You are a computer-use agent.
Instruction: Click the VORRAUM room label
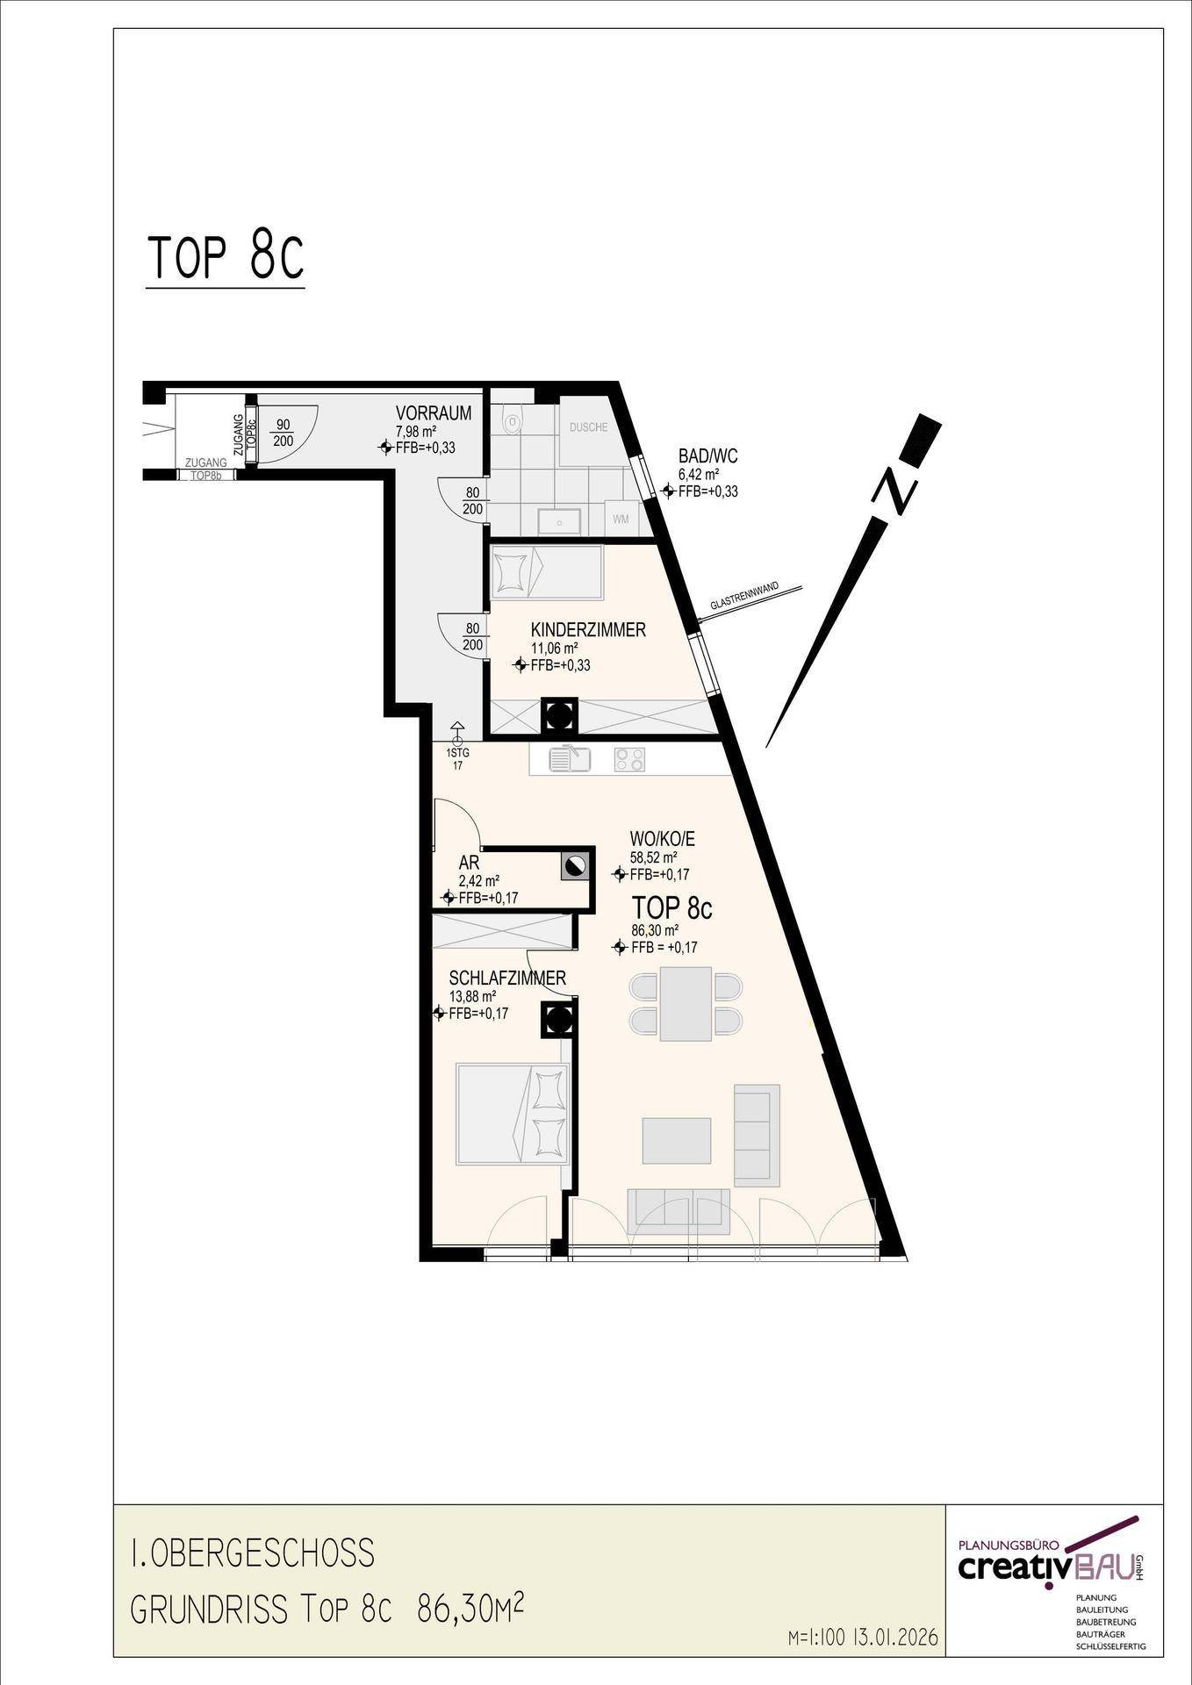[433, 413]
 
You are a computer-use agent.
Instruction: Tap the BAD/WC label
[707, 456]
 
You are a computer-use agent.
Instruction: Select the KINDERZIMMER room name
[588, 630]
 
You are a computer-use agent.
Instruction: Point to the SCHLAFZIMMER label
[507, 979]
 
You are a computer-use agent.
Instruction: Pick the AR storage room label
[469, 864]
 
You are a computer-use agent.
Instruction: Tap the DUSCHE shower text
[588, 428]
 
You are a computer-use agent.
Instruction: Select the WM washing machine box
[621, 520]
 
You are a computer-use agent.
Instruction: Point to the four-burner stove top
[629, 759]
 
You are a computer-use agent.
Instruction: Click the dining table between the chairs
[686, 1003]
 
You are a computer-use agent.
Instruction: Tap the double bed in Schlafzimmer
[513, 1115]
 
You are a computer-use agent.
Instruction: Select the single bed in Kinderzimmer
[547, 573]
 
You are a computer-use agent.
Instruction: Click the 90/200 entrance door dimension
[283, 432]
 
